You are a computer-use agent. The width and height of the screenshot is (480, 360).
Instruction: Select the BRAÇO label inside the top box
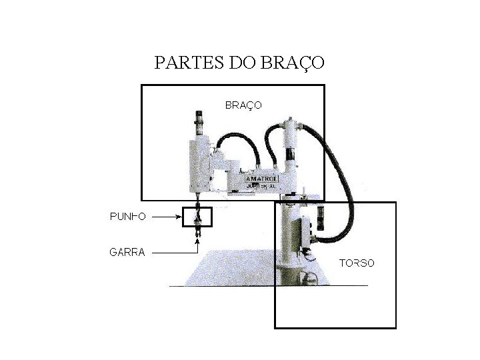(243, 105)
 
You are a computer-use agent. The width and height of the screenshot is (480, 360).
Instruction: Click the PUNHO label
(128, 216)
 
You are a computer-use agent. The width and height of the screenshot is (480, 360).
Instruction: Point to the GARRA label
(127, 252)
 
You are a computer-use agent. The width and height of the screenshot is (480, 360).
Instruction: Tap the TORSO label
(357, 263)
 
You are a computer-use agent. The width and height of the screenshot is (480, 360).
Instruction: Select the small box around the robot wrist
(197, 217)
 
